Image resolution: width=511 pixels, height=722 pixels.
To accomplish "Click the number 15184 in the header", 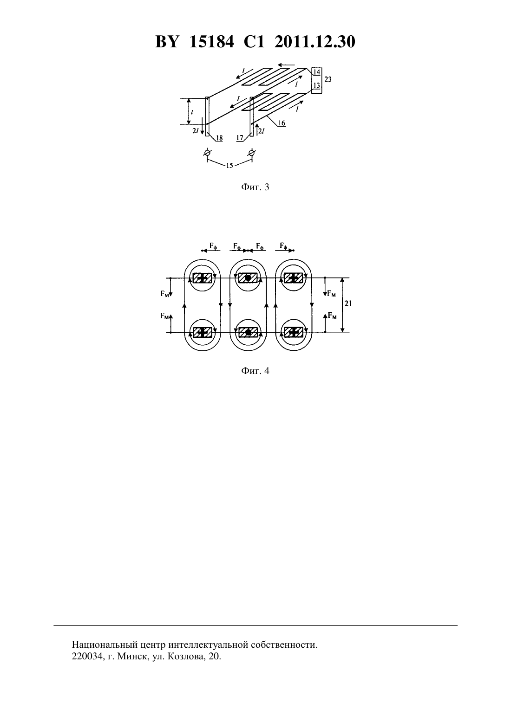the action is pos(211,42).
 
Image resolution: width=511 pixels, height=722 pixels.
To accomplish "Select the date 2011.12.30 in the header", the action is pos(315,42).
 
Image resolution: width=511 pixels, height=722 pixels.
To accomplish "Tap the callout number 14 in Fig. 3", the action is pos(317,72).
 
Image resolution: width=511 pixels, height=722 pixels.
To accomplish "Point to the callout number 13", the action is pos(317,85).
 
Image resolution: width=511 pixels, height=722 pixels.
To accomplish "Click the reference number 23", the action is pos(328,79).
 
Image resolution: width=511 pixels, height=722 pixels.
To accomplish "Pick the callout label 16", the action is pos(282,123).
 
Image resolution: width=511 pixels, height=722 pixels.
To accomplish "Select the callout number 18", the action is pos(219,138).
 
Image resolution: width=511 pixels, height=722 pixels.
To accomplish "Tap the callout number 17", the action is pos(240,138).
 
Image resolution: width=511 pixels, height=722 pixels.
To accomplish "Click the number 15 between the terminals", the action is pos(229,166).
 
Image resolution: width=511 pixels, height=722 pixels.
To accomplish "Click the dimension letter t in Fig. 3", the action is pos(192,112).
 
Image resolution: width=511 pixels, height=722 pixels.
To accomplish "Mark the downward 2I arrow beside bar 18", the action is pos(202,126).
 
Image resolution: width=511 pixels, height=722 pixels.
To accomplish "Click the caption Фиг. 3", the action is pos(255,187).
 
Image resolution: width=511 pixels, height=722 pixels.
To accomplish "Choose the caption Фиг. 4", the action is pos(255,371).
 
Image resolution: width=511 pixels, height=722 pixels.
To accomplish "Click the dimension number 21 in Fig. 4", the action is pos(348,303).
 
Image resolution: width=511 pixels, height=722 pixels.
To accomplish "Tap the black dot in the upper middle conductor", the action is pos(248,277).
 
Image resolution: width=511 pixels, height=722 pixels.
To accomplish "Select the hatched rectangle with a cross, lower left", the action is pos(202,332).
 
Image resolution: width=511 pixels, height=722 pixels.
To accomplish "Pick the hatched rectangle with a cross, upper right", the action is pos(293,277).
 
